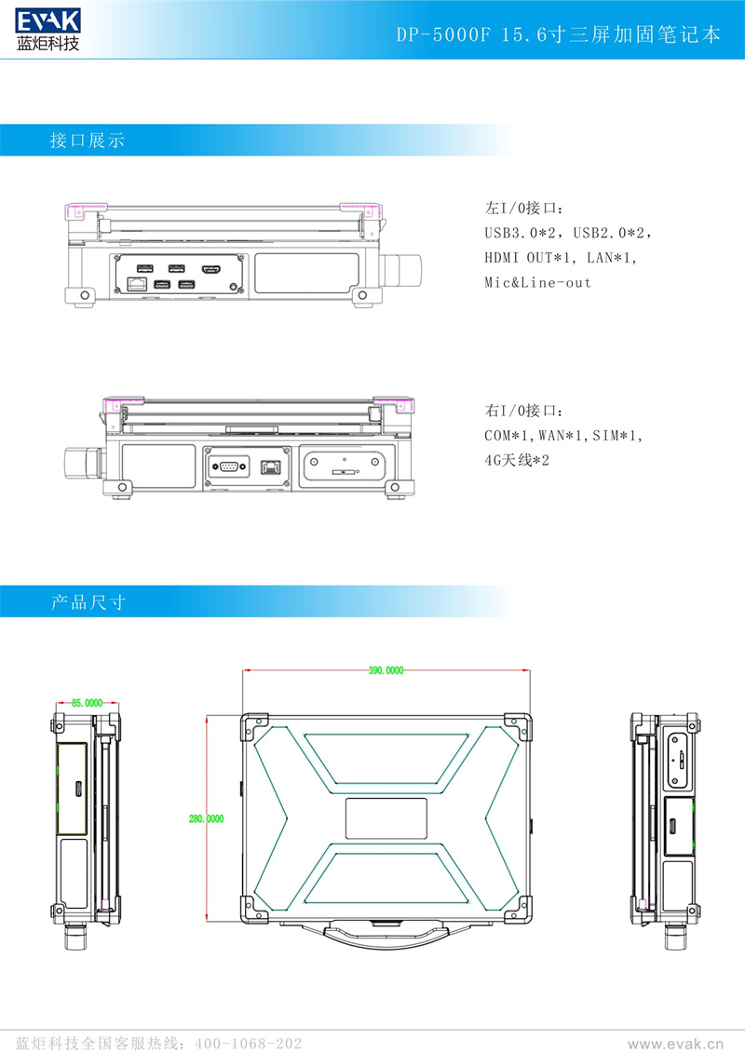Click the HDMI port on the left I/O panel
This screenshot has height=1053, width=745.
tap(211, 270)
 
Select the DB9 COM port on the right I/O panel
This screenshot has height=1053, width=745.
tap(229, 465)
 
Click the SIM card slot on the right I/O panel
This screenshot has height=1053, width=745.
tap(345, 473)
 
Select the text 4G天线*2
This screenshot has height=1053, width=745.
tap(517, 460)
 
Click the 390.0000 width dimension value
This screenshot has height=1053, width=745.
tap(386, 670)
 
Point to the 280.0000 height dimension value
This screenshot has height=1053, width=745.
tap(206, 819)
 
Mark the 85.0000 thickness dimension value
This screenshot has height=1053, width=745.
tap(87, 705)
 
